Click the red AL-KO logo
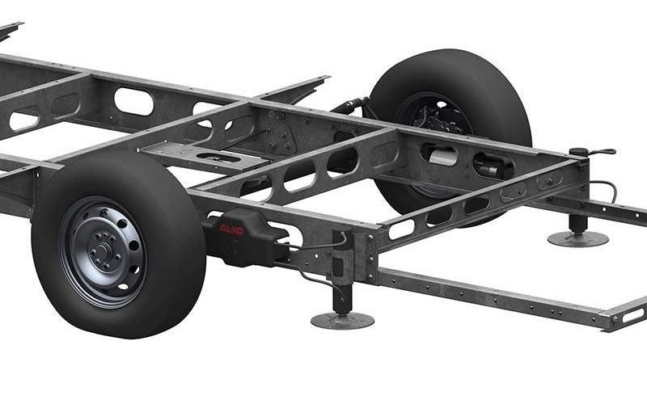tap(231, 229)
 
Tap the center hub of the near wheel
tap(104, 250)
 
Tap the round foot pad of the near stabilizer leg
tap(342, 320)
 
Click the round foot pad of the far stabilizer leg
tap(577, 238)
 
